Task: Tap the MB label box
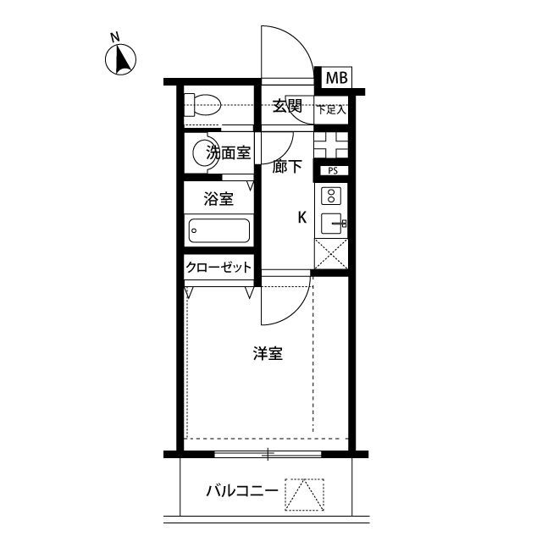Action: [336, 78]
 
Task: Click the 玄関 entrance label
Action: [287, 106]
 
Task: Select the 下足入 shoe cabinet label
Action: [330, 109]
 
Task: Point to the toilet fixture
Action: [202, 105]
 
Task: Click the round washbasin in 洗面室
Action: [202, 153]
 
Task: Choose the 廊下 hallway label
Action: [287, 167]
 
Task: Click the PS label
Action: [332, 170]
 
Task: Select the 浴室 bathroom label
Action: [218, 201]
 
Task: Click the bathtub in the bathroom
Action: [219, 230]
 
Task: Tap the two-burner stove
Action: [331, 196]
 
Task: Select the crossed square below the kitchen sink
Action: [330, 252]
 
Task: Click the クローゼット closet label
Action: [219, 268]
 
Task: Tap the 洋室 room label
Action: [268, 354]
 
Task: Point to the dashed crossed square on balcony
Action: [304, 493]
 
